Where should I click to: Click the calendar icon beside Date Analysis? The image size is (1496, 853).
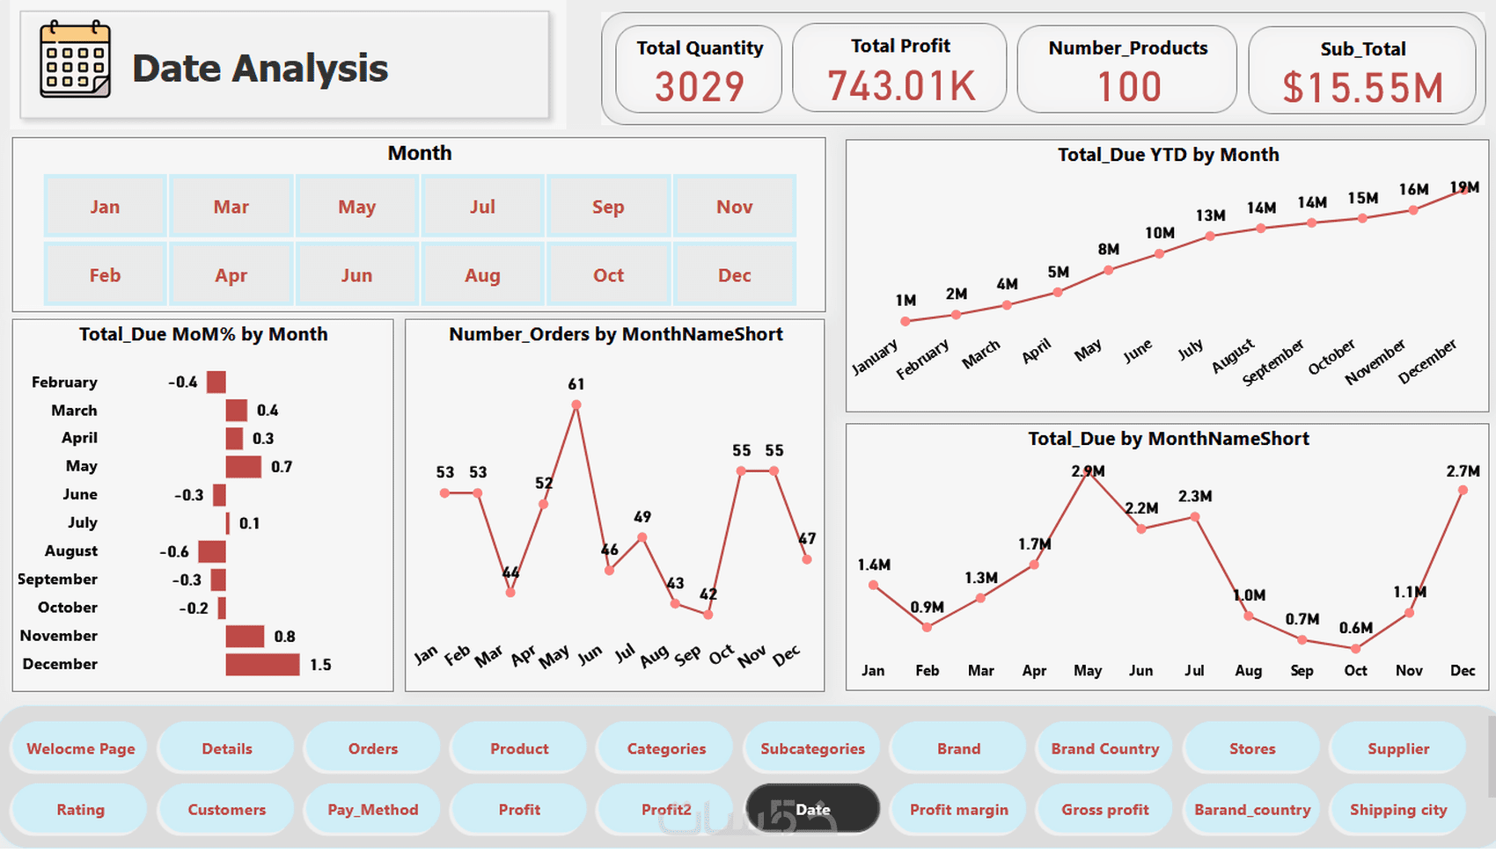click(76, 59)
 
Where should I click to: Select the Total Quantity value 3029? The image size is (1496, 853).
click(699, 86)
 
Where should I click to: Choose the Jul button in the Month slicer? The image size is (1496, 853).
click(482, 207)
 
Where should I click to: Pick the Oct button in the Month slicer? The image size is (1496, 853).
click(608, 275)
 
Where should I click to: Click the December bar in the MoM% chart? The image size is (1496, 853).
click(262, 665)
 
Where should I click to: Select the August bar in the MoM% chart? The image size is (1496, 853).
click(212, 551)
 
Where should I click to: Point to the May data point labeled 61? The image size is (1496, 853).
click(576, 405)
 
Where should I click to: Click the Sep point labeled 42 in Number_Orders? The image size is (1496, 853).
click(708, 615)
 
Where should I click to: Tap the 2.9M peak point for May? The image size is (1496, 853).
click(1089, 472)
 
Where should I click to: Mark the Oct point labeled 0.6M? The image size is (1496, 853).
click(1356, 649)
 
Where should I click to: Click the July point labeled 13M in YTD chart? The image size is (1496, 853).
click(1210, 236)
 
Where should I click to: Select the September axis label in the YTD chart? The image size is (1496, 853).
click(1273, 361)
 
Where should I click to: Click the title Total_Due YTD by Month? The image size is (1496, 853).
click(1168, 155)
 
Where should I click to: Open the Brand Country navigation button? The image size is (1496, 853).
click(1104, 748)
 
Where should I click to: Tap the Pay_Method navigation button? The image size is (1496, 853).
click(372, 809)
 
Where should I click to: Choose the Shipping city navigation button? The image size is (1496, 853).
click(1398, 809)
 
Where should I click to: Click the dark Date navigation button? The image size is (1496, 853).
click(812, 809)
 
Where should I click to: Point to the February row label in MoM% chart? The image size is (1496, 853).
click(64, 382)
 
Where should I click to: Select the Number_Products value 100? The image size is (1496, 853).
click(1128, 87)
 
